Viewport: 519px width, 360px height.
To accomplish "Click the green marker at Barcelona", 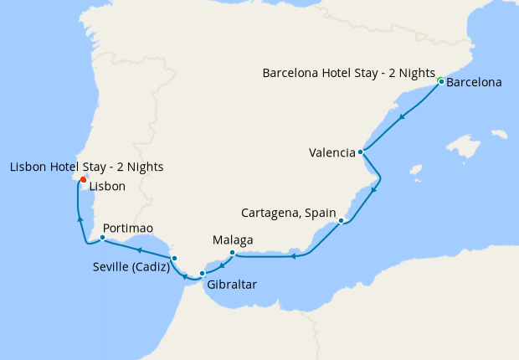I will click(440, 80).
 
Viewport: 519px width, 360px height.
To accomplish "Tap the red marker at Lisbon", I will click(83, 179).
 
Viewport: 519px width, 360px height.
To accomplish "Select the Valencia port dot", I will click(360, 152).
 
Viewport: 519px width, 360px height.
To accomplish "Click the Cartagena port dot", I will click(342, 220).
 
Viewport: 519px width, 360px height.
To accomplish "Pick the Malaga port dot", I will click(232, 252).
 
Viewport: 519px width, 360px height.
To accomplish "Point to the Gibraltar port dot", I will click(202, 274).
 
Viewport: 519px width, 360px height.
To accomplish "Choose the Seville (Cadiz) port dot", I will click(174, 258).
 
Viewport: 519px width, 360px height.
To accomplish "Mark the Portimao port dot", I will click(102, 238).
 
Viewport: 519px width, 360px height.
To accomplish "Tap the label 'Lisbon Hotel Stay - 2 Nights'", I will click(86, 167).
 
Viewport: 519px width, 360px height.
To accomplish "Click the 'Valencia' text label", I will click(331, 152).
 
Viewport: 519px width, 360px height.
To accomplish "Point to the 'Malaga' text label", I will click(233, 239).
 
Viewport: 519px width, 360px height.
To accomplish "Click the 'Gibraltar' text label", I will click(231, 285).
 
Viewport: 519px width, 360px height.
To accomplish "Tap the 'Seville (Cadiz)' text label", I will click(131, 268).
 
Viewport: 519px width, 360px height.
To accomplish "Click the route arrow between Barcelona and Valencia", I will click(403, 116).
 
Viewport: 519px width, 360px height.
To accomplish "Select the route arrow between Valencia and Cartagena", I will click(373, 188).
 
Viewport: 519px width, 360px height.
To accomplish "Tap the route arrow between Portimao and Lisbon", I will click(80, 219).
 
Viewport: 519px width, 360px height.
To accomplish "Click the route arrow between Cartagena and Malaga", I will click(294, 256).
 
